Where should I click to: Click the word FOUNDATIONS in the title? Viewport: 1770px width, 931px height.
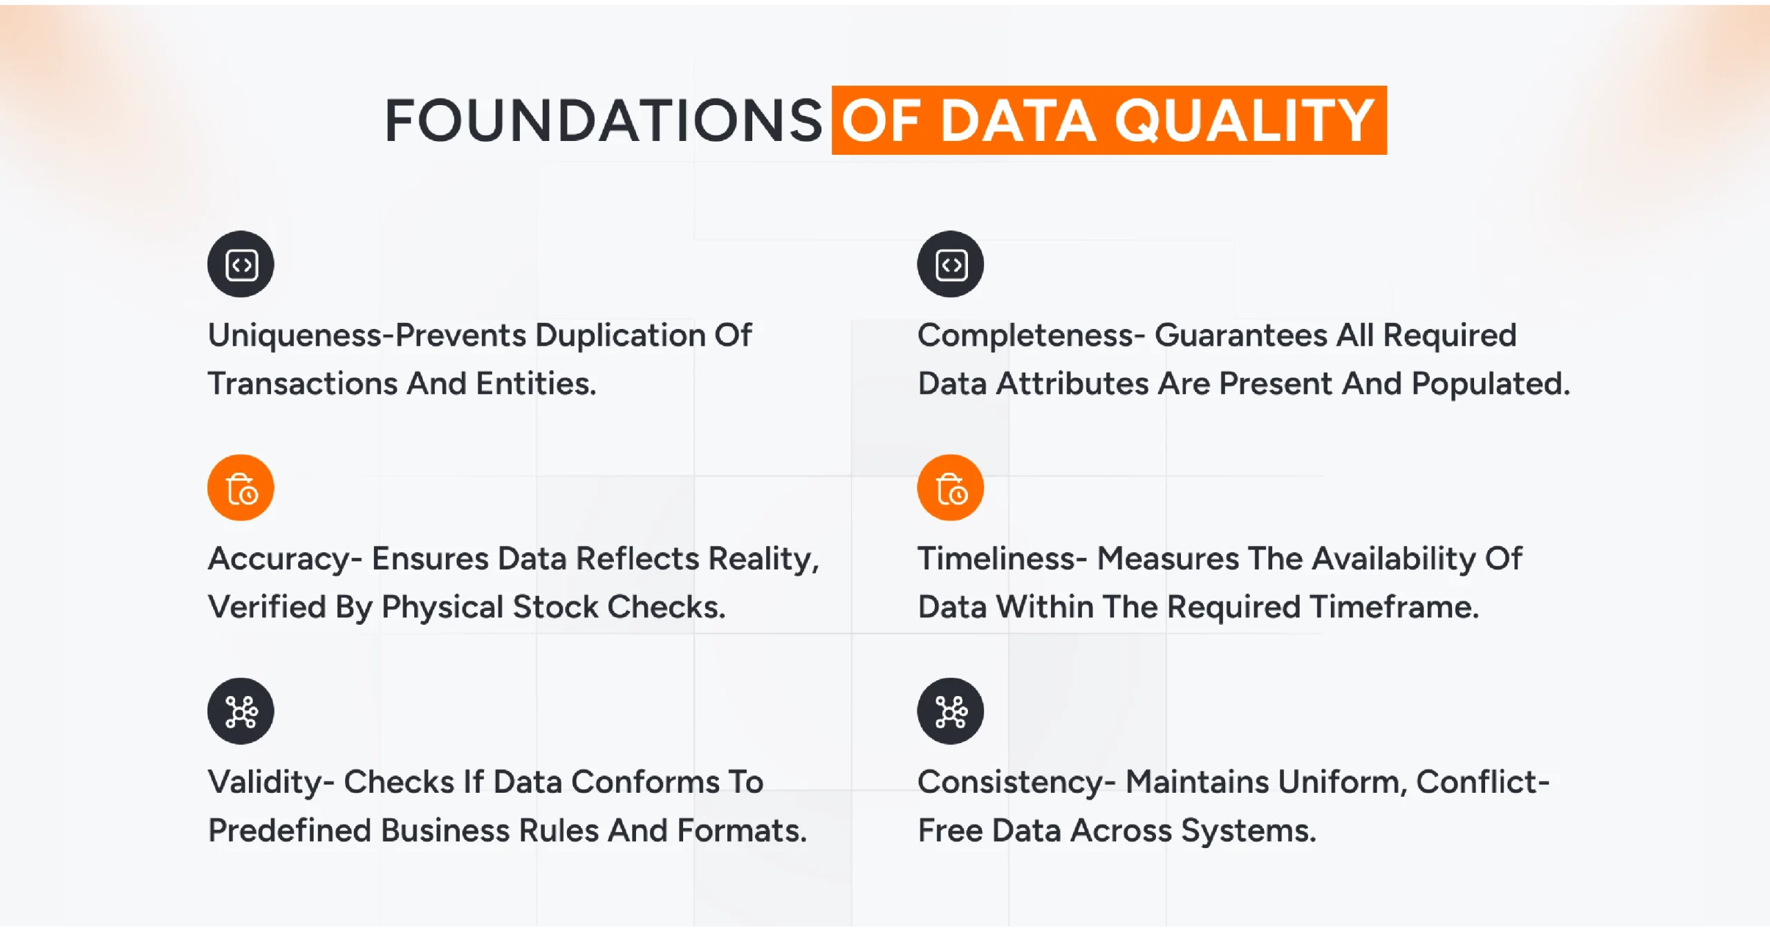[603, 121]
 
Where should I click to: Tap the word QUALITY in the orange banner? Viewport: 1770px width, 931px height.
[1244, 121]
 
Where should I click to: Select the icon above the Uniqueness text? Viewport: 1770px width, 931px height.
[241, 264]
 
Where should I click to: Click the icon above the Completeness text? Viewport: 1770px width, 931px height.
[950, 264]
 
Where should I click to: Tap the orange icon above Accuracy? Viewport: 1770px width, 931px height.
[241, 488]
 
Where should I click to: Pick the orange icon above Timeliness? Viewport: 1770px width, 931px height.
[950, 488]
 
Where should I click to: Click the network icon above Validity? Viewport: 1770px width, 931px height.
[241, 711]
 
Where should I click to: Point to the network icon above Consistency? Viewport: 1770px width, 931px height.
[950, 711]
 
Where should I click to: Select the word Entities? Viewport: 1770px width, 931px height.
[535, 384]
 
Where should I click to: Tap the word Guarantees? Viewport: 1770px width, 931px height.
[1240, 336]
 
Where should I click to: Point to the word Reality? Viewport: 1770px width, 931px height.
[763, 559]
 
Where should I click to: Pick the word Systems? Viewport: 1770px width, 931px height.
[1248, 831]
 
